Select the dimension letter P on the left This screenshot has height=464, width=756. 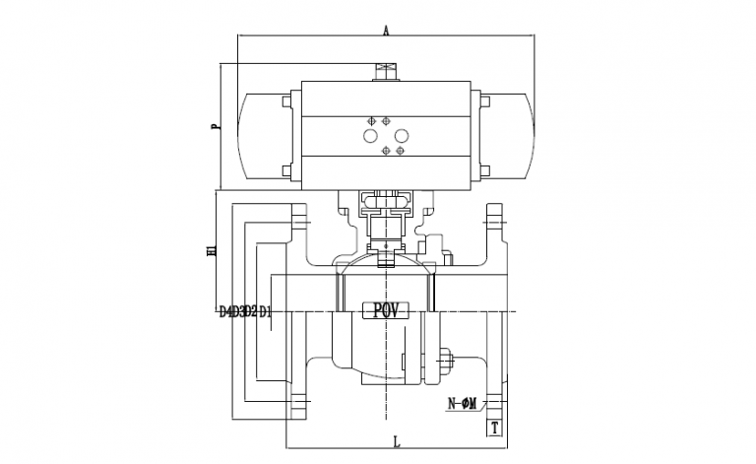coord(214,126)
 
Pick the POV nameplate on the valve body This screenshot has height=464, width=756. coord(385,310)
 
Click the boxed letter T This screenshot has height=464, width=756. coord(495,427)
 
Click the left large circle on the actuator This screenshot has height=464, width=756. coord(372,137)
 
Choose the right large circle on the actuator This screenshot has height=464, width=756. coord(401,137)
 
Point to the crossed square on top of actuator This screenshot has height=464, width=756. coord(386,70)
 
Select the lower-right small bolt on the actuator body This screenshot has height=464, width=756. coord(400,152)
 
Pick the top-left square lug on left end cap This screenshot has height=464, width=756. coord(286,100)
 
